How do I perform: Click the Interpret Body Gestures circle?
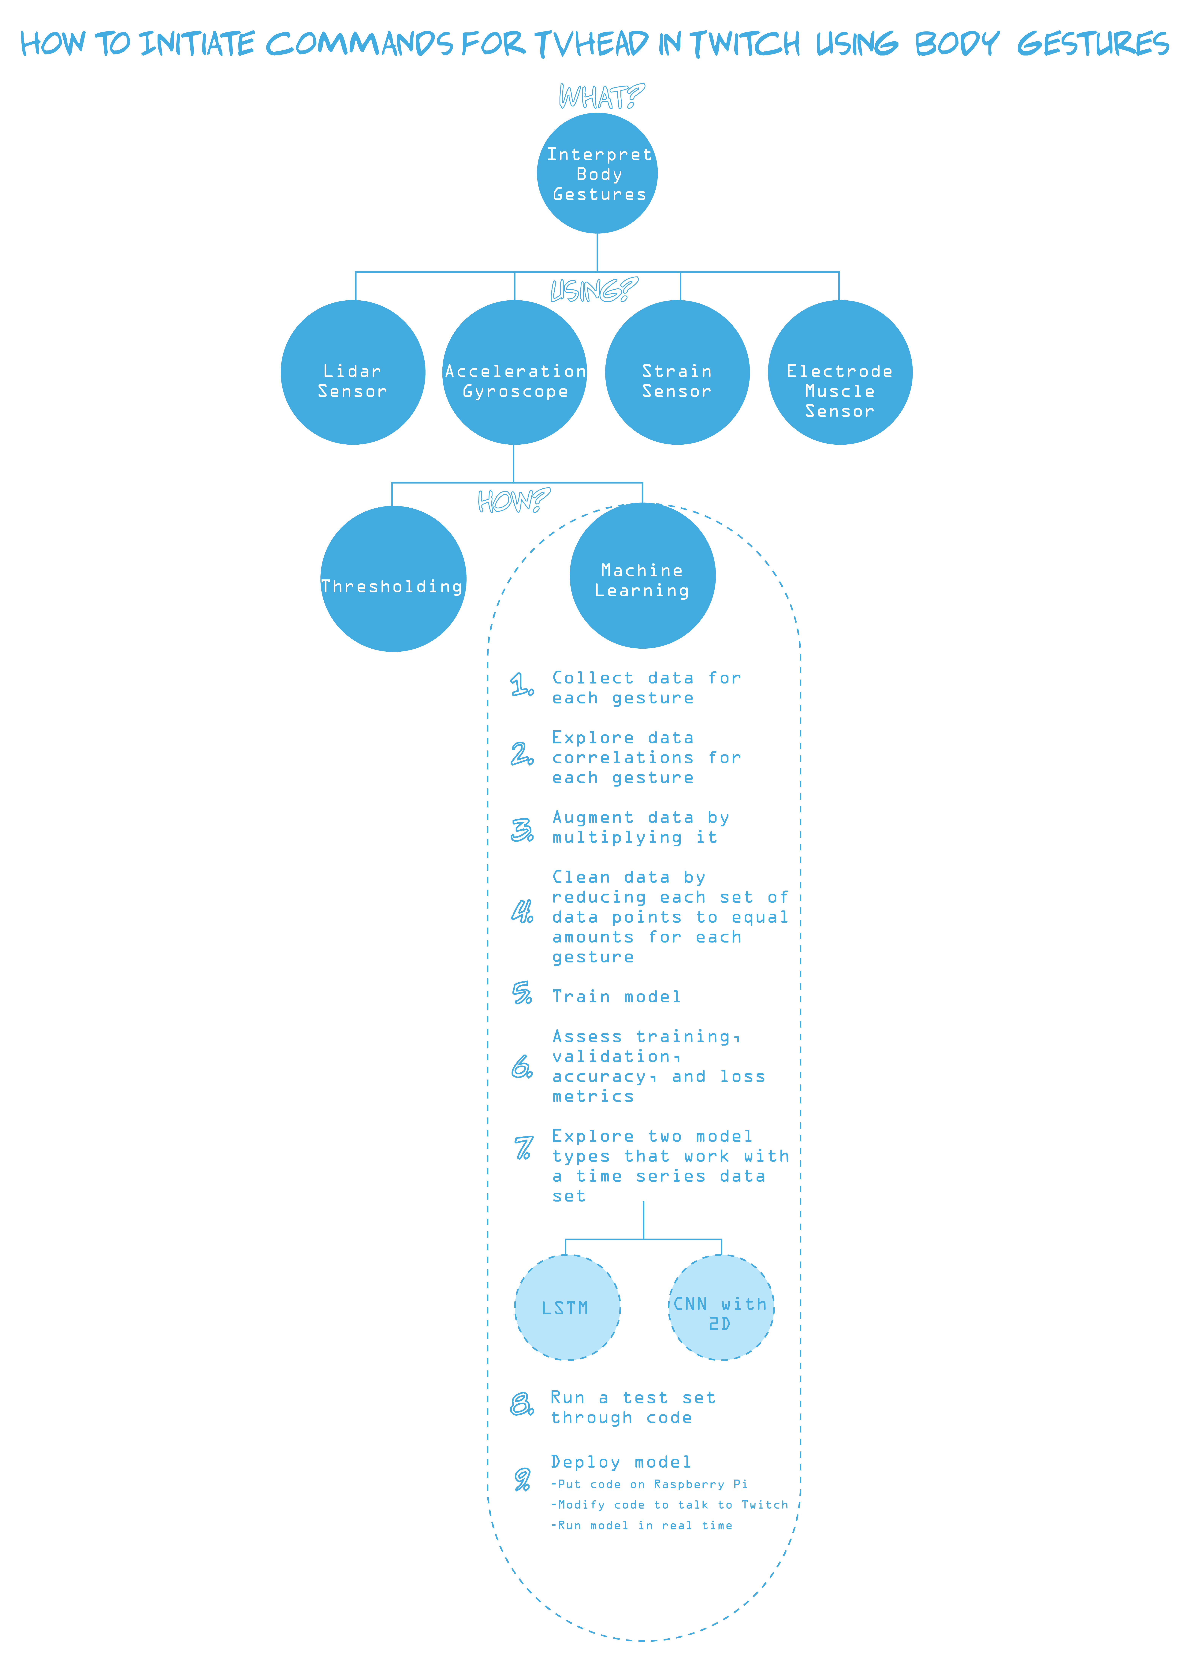tap(597, 173)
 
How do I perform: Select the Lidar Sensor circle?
tap(353, 372)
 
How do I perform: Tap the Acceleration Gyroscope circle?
tap(515, 372)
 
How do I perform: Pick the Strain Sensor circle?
tap(677, 372)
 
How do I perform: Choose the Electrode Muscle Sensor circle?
tap(840, 372)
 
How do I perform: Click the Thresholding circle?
tap(393, 579)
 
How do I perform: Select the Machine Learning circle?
tap(642, 576)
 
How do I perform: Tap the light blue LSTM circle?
tap(567, 1307)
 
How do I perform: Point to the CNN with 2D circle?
tap(721, 1307)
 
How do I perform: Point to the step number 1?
tap(521, 685)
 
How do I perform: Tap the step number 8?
tap(521, 1403)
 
